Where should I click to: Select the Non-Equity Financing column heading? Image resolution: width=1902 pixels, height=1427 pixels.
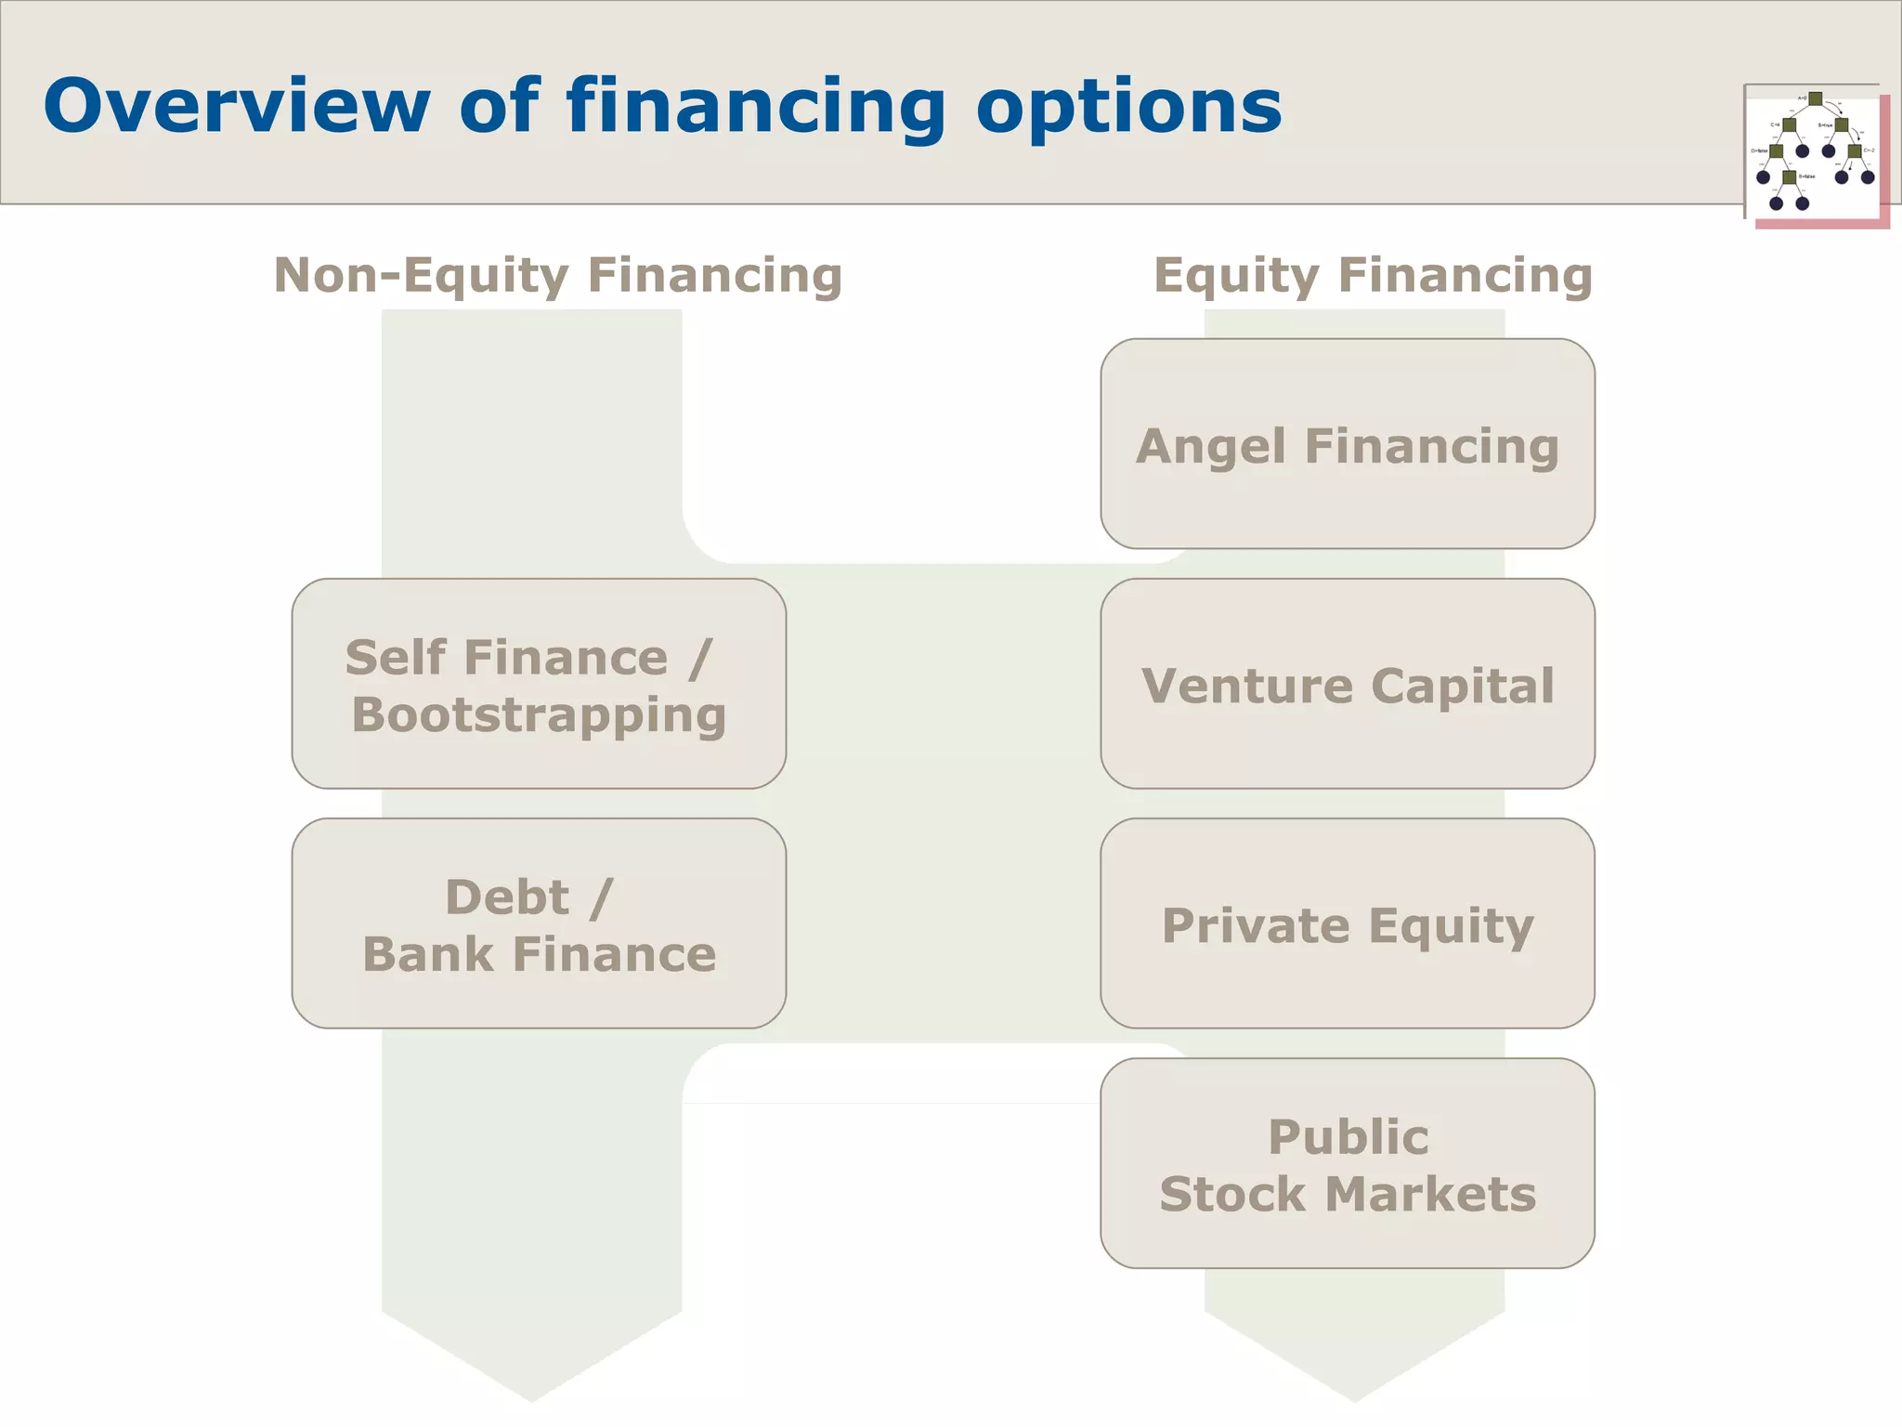pos(557,276)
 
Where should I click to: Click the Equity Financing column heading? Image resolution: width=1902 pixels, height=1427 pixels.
pos(1373,276)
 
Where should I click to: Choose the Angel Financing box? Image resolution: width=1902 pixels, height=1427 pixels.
pos(1347,443)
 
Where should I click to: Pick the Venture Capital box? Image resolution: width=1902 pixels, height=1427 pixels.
pos(1347,684)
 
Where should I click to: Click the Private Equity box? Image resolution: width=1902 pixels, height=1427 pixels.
pos(1347,923)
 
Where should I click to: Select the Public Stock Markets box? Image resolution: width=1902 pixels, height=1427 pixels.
pos(1347,1163)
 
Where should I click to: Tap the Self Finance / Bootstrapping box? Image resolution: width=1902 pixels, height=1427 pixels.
pos(539,684)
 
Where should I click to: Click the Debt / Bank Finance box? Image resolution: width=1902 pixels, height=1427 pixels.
pos(539,923)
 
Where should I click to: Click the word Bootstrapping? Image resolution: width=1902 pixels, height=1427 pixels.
pos(539,716)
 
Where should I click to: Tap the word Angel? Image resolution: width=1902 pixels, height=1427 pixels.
pos(1213,447)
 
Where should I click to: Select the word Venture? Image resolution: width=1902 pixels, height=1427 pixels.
pos(1247,687)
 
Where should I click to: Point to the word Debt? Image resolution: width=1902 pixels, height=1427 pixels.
pos(506,897)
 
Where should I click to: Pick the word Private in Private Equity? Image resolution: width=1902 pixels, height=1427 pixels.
pos(1256,925)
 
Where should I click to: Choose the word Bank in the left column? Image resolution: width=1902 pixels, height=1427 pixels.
pos(427,955)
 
